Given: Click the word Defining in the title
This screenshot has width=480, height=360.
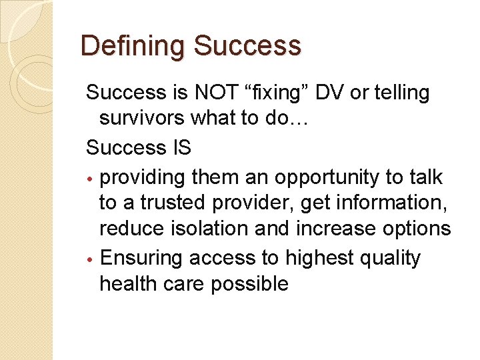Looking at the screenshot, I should (x=133, y=46).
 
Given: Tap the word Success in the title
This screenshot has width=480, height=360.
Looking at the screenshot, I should (x=247, y=46).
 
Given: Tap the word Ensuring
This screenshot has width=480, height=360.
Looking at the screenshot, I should (x=140, y=258).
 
